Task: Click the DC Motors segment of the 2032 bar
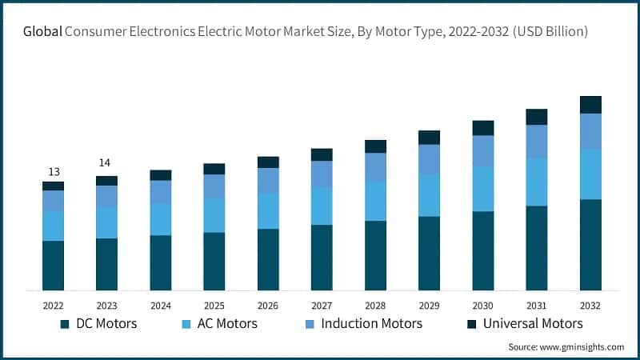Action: (590, 245)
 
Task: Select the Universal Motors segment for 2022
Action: (53, 186)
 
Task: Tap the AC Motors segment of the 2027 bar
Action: (322, 206)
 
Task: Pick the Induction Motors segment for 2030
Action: (483, 150)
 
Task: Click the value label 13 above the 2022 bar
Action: (53, 172)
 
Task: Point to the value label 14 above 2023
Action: (105, 163)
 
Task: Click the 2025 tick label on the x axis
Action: (214, 306)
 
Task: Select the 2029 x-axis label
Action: (429, 306)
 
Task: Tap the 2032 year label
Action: (590, 306)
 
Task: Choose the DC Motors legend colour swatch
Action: (65, 324)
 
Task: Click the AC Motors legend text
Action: (227, 324)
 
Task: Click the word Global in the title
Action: (43, 32)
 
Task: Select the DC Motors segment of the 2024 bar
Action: (160, 262)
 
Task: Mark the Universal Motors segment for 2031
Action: (537, 117)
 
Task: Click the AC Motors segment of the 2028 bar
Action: (375, 201)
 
